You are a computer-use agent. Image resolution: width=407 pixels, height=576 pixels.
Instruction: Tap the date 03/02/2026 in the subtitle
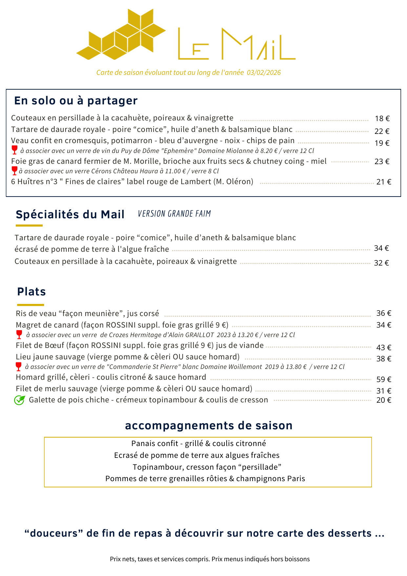pos(264,73)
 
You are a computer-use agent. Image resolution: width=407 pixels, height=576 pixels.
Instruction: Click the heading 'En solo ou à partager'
pos(76,100)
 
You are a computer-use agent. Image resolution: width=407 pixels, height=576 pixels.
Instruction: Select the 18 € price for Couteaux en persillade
pos(382,118)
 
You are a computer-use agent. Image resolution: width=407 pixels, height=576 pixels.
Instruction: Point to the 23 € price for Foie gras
pos(382,161)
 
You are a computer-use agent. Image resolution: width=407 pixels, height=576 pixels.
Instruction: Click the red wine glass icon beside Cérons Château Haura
pos(14,171)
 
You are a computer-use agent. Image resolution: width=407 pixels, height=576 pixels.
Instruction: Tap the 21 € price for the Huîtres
pos(383,182)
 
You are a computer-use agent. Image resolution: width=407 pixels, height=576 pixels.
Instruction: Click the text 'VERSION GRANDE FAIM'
pos(174,214)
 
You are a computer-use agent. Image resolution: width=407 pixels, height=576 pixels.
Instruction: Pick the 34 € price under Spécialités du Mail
pos(381,248)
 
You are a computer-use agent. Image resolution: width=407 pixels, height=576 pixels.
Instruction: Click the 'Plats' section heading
pos(31,291)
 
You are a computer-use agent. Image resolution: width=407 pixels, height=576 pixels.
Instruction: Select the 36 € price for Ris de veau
pos(383,313)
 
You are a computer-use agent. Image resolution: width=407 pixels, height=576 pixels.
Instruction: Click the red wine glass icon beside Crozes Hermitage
pos(19,334)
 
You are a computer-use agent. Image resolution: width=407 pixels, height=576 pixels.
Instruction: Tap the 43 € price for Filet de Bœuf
pos(383,347)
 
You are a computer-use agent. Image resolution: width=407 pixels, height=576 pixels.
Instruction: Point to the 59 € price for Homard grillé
pos(383,379)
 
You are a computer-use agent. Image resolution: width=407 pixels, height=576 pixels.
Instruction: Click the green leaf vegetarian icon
pos(19,400)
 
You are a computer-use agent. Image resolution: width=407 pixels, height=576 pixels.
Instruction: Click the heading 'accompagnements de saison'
pos(209,425)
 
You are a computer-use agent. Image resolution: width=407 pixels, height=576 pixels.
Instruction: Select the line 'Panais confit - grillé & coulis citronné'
pos(198,443)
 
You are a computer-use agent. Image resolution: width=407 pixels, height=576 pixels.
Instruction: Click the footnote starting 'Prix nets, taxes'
pos(210,559)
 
